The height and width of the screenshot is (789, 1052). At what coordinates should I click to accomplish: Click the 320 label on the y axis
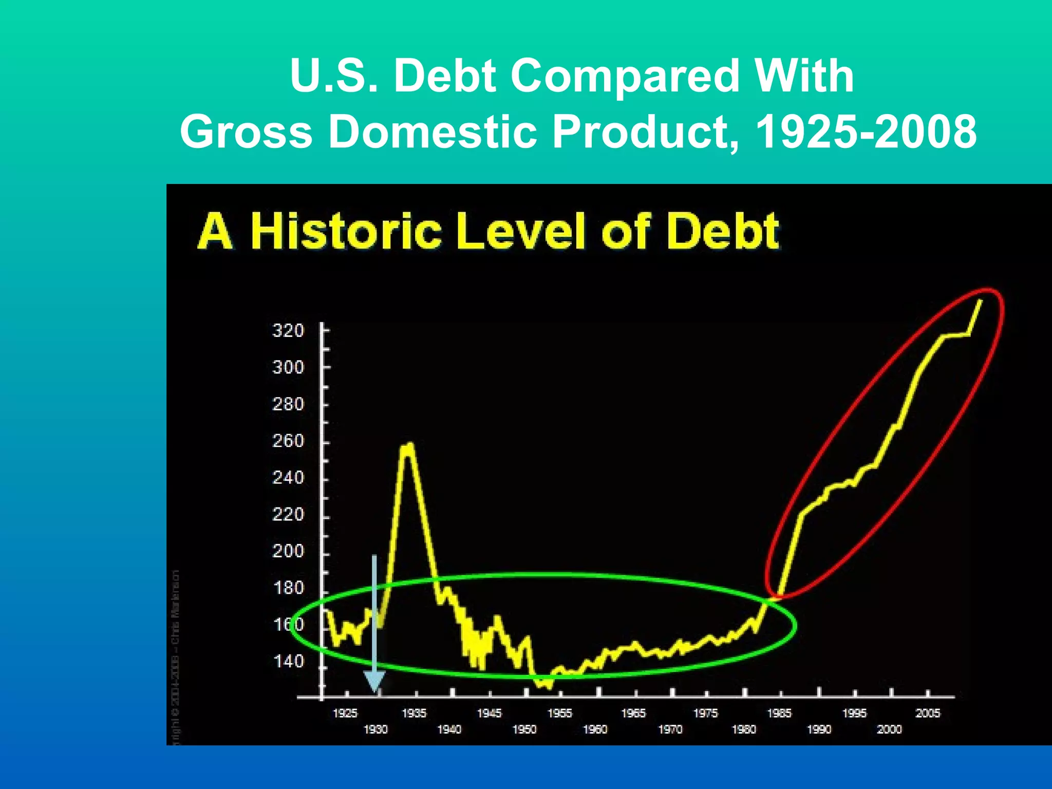point(288,330)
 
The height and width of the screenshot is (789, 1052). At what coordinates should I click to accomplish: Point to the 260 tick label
point(288,441)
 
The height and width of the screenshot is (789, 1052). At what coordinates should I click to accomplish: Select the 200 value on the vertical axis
point(288,551)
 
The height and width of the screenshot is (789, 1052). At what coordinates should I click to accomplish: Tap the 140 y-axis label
point(288,661)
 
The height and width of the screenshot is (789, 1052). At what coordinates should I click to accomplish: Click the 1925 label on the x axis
point(345,713)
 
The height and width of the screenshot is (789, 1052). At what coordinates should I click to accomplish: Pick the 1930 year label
point(375,729)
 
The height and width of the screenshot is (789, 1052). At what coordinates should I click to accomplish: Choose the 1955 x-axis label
point(559,713)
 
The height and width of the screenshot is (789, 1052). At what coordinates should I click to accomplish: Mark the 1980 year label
point(744,729)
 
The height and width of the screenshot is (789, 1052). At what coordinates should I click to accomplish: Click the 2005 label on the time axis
point(928,713)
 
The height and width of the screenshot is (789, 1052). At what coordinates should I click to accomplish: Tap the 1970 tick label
point(670,729)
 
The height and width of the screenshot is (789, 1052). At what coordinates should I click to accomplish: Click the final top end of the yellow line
point(981,300)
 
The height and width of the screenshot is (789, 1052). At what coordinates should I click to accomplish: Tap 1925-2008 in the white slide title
point(867,132)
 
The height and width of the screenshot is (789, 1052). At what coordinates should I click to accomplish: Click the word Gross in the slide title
point(247,132)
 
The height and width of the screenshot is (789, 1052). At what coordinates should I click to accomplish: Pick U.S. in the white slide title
point(334,76)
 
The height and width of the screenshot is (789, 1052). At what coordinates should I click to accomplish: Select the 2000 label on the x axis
point(889,729)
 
